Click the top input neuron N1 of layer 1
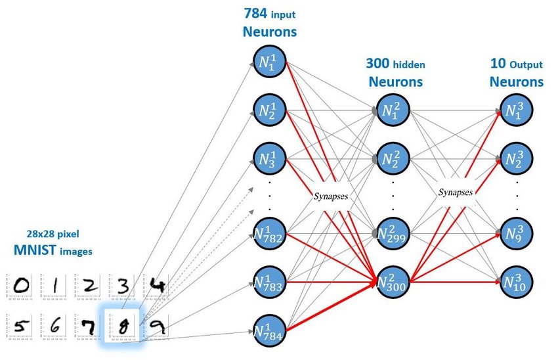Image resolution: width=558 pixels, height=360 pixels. tap(270, 63)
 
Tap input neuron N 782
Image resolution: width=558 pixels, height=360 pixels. tap(270, 233)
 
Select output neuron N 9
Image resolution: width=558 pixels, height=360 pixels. tap(517, 233)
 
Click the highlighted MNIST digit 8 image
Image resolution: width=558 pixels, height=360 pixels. tap(122, 326)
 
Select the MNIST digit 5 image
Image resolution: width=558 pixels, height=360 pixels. tap(22, 325)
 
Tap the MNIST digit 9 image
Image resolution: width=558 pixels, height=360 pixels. tap(156, 325)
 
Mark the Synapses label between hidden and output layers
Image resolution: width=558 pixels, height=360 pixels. tap(455, 192)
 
